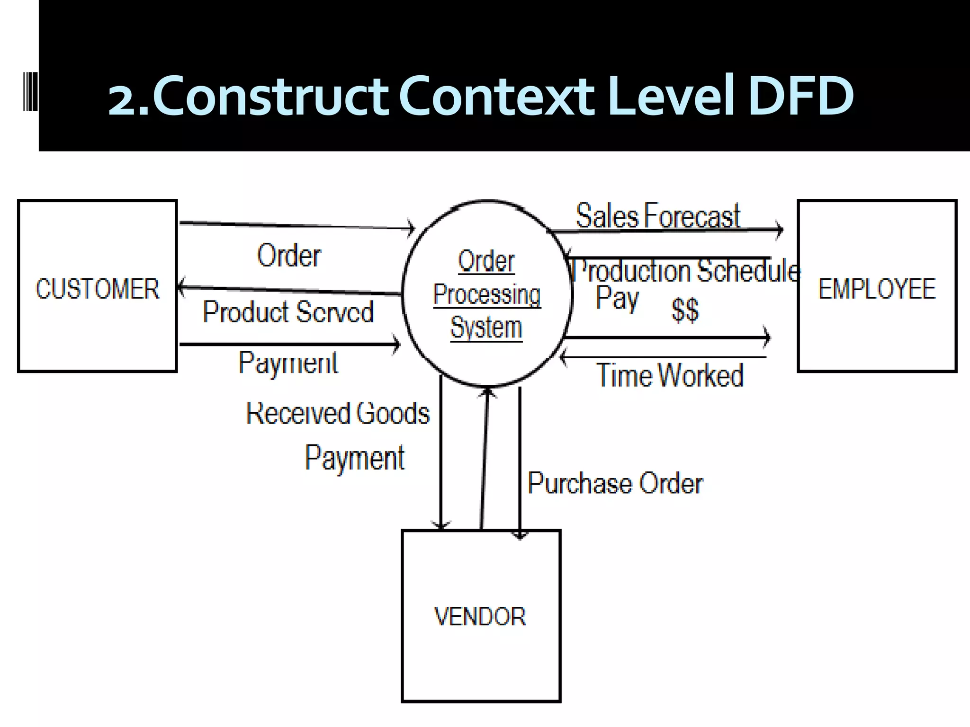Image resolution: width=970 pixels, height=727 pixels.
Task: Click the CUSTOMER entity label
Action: (98, 289)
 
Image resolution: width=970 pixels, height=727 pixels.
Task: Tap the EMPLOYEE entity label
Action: (877, 289)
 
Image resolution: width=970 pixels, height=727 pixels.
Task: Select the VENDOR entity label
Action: (480, 617)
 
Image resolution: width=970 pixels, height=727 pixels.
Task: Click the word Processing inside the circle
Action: (487, 294)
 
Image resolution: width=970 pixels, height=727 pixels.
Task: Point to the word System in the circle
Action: (486, 328)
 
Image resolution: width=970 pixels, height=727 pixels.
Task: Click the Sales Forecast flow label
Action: (657, 216)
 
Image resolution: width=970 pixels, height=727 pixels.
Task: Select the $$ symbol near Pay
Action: (685, 310)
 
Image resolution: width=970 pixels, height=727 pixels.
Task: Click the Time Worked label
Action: (670, 375)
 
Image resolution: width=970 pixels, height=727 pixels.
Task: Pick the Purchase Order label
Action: (615, 483)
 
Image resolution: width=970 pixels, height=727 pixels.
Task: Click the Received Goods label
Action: (338, 413)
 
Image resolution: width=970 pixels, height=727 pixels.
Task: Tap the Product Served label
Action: (288, 312)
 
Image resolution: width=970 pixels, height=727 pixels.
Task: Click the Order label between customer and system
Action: (289, 256)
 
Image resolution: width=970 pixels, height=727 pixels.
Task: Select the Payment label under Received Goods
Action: (355, 458)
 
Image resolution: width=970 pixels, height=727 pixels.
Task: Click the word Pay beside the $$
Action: (617, 298)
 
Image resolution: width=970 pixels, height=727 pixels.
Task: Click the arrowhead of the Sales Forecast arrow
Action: (780, 230)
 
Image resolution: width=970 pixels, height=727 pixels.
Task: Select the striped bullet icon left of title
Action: (30, 91)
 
